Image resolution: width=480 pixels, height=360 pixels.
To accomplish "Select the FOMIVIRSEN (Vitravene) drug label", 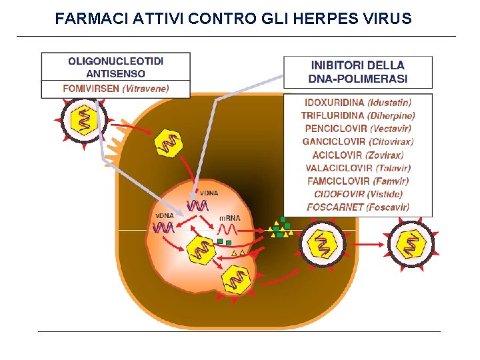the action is point(115,88).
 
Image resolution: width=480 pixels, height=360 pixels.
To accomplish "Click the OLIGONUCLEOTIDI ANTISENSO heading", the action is point(115,67).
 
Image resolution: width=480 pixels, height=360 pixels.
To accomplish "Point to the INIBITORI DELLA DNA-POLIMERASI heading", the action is point(358,72).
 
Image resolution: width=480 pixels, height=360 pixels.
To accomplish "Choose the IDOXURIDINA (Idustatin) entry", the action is point(358,103).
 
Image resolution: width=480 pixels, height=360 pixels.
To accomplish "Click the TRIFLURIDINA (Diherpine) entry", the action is point(358,115).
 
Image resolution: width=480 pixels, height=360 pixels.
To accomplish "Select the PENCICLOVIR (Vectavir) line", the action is point(358,129).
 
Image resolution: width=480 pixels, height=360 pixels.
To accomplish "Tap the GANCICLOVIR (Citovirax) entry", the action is point(358,141).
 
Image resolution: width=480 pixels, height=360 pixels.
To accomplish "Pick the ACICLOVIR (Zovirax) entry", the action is point(358,155).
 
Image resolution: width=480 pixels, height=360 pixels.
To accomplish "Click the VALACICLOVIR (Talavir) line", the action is point(358,168).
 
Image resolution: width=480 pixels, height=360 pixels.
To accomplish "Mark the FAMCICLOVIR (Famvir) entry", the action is point(358,181).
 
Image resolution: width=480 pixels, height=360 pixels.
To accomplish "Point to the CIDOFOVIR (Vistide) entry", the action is point(358,194).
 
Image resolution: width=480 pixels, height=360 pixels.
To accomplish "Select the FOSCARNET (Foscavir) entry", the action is point(358,207).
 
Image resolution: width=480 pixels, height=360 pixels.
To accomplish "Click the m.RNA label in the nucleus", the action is point(230,218).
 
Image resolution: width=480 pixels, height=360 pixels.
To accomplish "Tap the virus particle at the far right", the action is point(411,244).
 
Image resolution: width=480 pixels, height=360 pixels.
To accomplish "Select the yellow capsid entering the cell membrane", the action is point(169,143).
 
